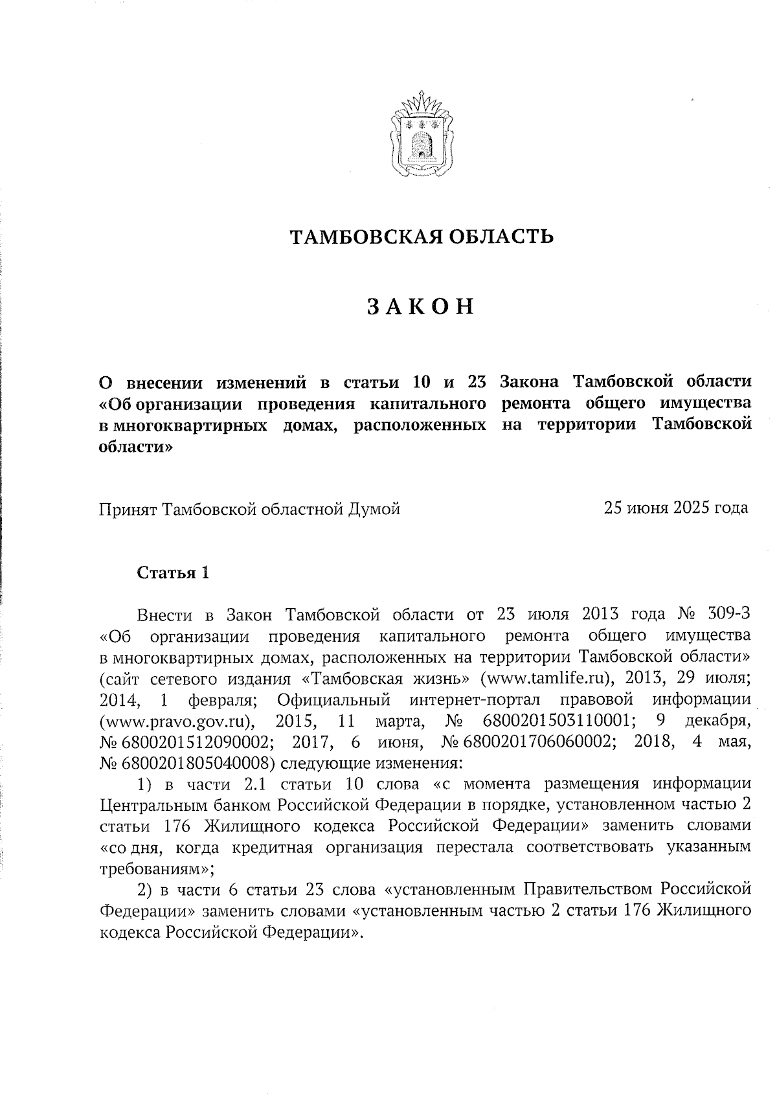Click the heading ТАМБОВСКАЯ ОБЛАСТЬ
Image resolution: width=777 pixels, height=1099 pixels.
coord(421,237)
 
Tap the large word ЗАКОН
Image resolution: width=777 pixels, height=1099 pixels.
coord(421,307)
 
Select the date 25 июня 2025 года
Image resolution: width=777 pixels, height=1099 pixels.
coord(676,508)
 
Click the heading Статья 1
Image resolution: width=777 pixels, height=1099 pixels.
coord(173,572)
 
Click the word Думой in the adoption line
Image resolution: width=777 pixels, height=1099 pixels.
coord(375,509)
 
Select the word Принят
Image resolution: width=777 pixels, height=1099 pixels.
coord(128,509)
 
